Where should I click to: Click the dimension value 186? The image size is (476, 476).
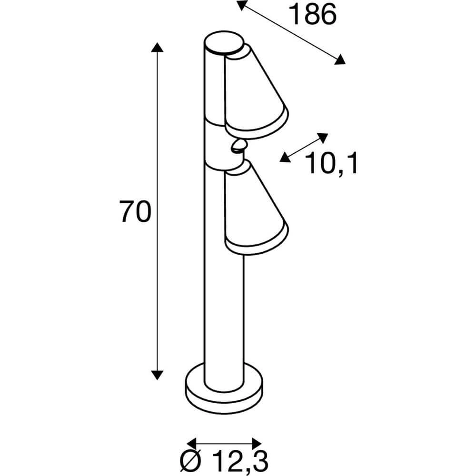[313, 15]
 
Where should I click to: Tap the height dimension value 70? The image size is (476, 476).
[135, 212]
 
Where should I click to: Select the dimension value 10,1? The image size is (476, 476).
[331, 163]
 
